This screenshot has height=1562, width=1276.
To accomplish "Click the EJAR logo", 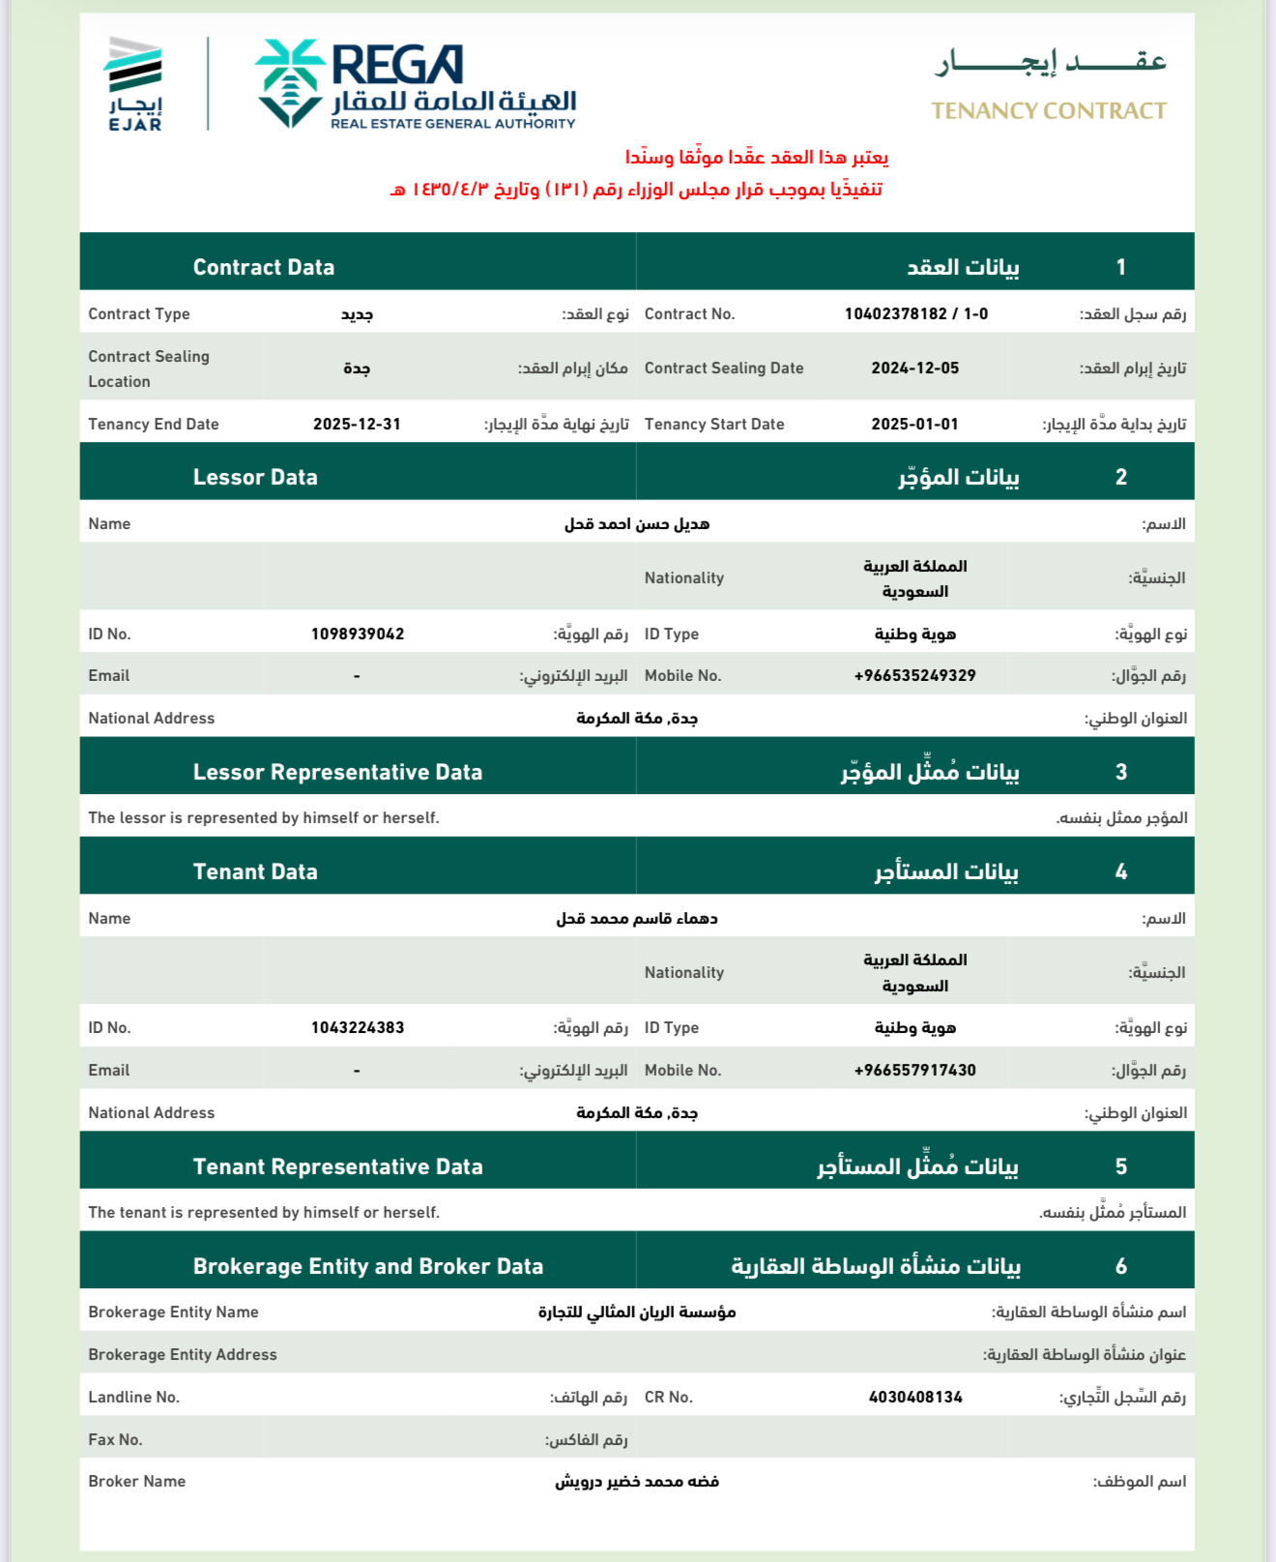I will tap(134, 83).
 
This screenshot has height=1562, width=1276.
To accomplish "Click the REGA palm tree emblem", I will tap(289, 83).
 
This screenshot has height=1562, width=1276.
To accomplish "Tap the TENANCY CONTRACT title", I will tap(1049, 111).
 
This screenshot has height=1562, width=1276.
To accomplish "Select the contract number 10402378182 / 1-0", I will tap(915, 313).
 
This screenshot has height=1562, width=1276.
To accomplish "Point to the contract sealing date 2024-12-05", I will tap(914, 368).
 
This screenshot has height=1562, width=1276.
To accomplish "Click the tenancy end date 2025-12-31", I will tap(357, 424).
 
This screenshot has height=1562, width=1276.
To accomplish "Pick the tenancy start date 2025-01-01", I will tap(914, 424).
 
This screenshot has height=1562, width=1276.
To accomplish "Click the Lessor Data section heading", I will tap(255, 477).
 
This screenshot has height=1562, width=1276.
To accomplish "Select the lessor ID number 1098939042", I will tap(358, 634).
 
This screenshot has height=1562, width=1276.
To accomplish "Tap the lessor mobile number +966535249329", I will tap(914, 675).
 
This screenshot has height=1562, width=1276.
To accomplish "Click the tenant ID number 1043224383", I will tap(358, 1027).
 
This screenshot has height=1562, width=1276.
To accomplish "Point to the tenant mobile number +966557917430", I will tap(914, 1070).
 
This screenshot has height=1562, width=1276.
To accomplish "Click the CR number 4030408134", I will tap(915, 1397).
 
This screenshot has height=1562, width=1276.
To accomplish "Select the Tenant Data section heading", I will tap(255, 871).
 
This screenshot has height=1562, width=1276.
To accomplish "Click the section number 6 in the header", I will tap(1121, 1266).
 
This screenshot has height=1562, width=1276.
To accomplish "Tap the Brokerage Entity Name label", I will tap(173, 1311).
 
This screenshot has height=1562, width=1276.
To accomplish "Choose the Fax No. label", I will tap(115, 1439).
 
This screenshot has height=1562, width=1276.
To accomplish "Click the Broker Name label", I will tap(136, 1481).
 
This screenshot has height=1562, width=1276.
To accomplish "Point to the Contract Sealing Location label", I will tap(149, 368).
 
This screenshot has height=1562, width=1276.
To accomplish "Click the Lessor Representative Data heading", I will tap(337, 772).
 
